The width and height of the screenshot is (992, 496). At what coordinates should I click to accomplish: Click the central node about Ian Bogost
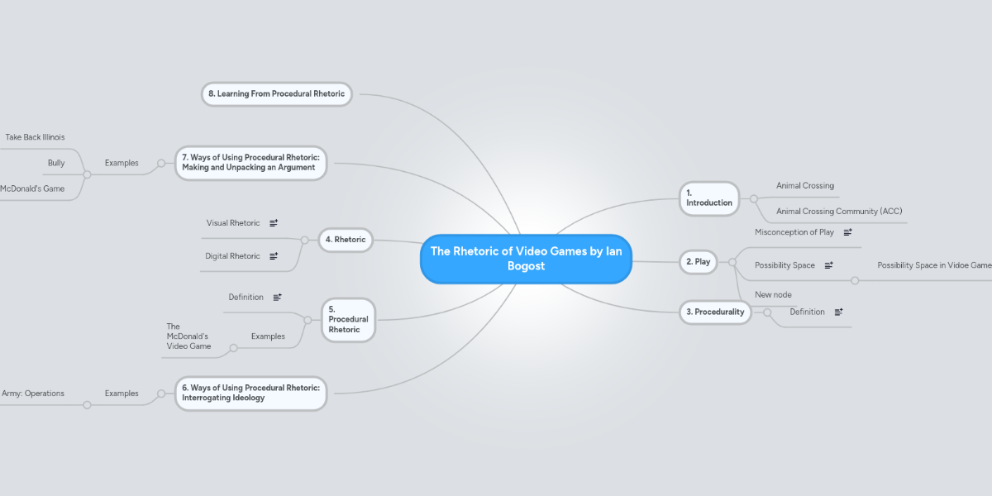[526, 259]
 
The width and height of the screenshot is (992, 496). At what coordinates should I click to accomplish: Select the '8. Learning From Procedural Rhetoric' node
[276, 94]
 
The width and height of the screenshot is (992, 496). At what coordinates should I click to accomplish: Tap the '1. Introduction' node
[708, 198]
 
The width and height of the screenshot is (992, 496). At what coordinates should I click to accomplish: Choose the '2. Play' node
[698, 262]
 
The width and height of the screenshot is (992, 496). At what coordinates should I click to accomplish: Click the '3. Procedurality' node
[715, 312]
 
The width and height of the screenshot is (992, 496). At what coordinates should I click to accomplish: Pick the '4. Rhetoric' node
[345, 240]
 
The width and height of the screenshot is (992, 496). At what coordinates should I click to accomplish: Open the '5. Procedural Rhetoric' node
[347, 319]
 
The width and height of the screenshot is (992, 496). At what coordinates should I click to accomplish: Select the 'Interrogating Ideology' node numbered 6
[250, 393]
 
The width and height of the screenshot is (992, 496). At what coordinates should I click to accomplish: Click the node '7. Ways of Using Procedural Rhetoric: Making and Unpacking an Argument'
[250, 162]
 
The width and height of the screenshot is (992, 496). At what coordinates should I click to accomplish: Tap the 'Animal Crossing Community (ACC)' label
[839, 212]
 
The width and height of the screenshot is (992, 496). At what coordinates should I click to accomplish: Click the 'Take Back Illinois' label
[35, 137]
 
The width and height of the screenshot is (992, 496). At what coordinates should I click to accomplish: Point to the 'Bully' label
[56, 163]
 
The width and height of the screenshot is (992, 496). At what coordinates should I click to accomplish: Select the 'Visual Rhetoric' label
[232, 223]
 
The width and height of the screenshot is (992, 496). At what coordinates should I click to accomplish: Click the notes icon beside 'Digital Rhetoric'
[274, 256]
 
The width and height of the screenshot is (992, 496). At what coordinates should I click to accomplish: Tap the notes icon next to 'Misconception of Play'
[847, 232]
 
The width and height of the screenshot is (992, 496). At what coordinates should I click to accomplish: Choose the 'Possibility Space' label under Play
[785, 265]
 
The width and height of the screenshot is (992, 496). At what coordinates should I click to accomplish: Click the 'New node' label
[773, 294]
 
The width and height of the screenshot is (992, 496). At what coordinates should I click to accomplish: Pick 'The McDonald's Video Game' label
[188, 336]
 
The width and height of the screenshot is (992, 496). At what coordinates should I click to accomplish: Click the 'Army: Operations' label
[33, 393]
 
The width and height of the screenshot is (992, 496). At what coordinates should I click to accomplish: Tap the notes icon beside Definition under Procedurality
[838, 312]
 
